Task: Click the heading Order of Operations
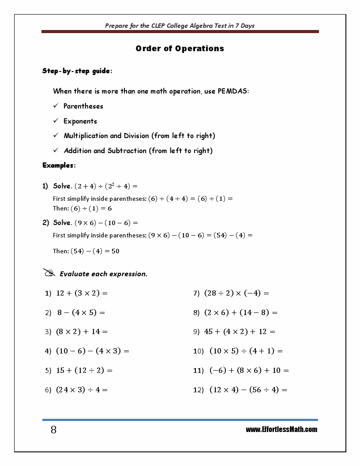(180, 49)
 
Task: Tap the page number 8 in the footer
(53, 430)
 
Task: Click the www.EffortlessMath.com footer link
(281, 429)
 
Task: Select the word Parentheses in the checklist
(83, 106)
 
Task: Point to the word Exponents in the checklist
(80, 121)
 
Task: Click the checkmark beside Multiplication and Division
(56, 135)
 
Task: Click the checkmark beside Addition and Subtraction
(56, 150)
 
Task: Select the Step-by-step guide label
(76, 71)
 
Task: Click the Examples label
(58, 165)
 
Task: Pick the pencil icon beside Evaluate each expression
(49, 273)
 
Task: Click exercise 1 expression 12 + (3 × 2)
(82, 293)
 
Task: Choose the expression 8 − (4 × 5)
(81, 312)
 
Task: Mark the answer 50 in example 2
(115, 252)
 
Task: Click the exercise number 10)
(199, 351)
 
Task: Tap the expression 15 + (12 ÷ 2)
(84, 371)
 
